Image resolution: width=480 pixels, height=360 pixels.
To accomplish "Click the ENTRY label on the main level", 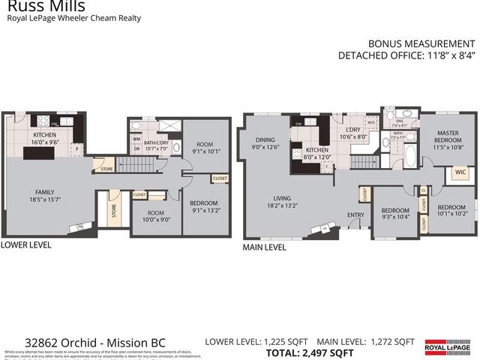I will click(355, 215).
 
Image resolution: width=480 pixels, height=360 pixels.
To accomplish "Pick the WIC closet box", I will click(460, 173).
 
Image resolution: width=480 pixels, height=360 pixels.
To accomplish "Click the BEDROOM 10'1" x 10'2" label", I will click(452, 211).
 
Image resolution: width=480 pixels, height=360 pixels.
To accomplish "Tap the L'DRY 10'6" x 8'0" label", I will click(351, 133).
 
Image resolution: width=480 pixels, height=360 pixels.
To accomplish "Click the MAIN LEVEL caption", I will click(264, 246).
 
